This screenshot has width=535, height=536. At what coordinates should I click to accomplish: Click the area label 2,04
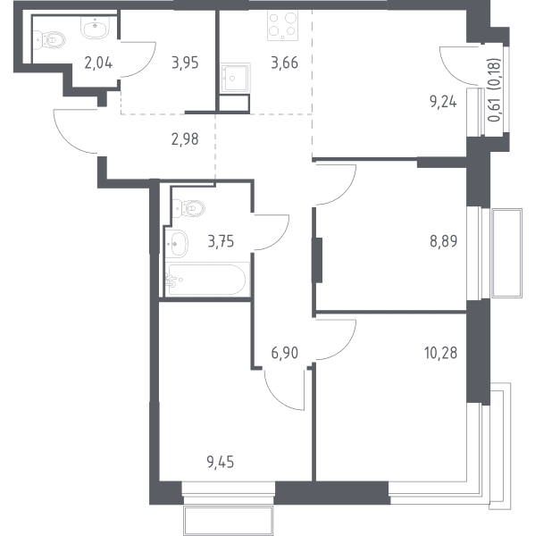pyautogui.click(x=98, y=63)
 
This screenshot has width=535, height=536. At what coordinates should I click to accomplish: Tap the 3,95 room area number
pyautogui.click(x=185, y=63)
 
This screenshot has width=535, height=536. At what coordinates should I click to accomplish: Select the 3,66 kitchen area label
pyautogui.click(x=284, y=63)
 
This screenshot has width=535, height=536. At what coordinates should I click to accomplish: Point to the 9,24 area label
pyautogui.click(x=443, y=102)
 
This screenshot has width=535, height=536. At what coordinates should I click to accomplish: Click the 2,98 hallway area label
pyautogui.click(x=185, y=139)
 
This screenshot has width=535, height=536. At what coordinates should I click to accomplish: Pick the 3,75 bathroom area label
pyautogui.click(x=221, y=242)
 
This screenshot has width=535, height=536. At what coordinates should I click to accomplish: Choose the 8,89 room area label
pyautogui.click(x=443, y=241)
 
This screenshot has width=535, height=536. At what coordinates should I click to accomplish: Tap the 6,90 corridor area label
pyautogui.click(x=284, y=353)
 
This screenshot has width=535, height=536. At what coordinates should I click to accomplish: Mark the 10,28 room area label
pyautogui.click(x=440, y=353)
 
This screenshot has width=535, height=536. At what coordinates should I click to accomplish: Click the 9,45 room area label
pyautogui.click(x=221, y=462)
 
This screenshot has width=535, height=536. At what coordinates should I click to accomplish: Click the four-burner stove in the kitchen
pyautogui.click(x=282, y=26)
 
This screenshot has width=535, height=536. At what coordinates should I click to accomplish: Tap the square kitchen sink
pyautogui.click(x=235, y=78)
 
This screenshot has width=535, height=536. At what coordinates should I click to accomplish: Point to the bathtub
pyautogui.click(x=207, y=280)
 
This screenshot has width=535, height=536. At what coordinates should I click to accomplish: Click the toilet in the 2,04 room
pyautogui.click(x=49, y=40)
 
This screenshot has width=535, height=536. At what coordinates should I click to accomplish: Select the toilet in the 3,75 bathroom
pyautogui.click(x=188, y=207)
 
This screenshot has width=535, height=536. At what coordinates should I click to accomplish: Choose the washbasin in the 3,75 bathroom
pyautogui.click(x=177, y=243)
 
